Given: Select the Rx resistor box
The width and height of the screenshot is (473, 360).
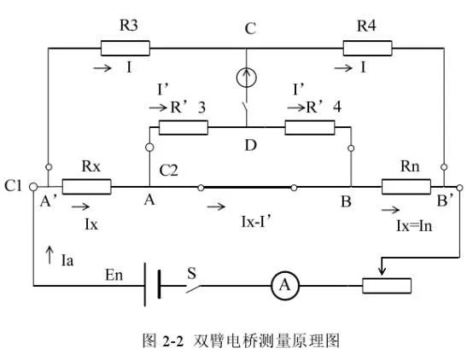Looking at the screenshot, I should (86, 185).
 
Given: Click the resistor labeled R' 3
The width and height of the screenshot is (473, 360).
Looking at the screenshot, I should (184, 127).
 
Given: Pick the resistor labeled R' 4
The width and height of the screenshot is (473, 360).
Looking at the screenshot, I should (309, 127).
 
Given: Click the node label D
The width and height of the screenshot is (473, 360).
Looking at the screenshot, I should (250, 145).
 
